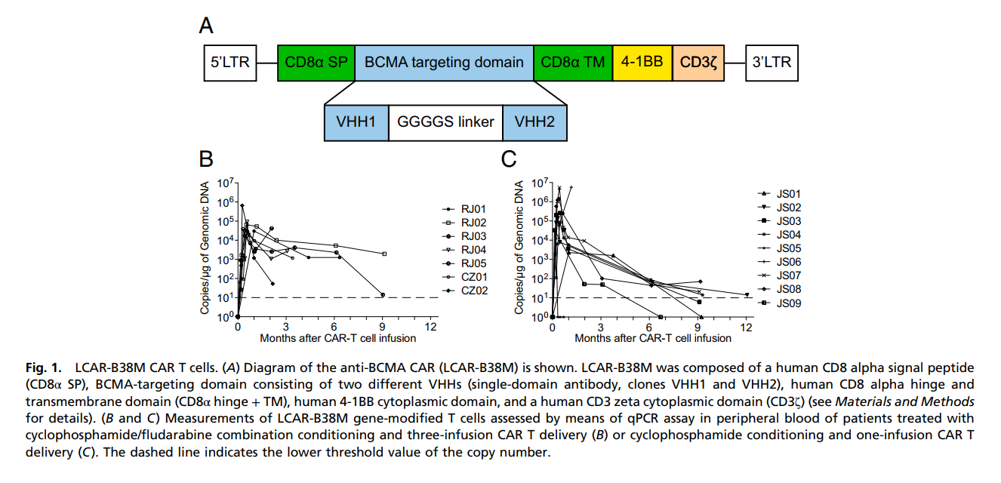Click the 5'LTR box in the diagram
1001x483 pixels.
coord(231,62)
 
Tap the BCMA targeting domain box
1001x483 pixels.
coord(444,62)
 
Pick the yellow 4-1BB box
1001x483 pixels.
coord(642,62)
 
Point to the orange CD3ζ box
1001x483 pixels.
coord(698,62)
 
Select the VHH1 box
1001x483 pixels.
coord(356,122)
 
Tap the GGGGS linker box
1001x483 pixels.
coord(445,122)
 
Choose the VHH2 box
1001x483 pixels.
coord(534,122)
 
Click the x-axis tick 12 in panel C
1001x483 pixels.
coord(746,328)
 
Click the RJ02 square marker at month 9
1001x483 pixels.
coord(384,254)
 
